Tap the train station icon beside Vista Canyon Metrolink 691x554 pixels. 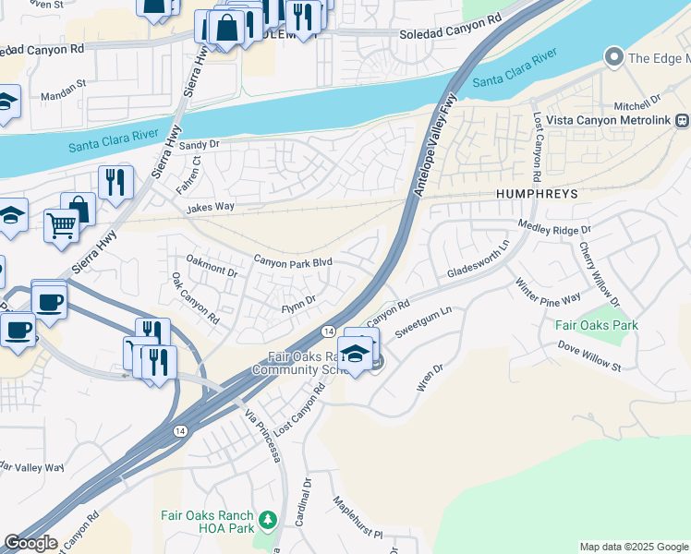click(x=682, y=120)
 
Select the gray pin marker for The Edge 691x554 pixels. click(x=613, y=58)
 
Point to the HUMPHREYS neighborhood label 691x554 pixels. click(x=537, y=195)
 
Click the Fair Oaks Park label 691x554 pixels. click(x=597, y=326)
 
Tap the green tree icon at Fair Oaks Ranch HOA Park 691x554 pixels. click(x=268, y=520)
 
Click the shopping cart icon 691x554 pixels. click(x=61, y=224)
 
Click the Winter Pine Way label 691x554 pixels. click(x=548, y=291)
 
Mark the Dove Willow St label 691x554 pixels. click(x=588, y=355)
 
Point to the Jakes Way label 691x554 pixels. click(x=211, y=210)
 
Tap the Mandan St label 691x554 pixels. click(x=63, y=95)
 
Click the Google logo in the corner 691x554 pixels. click(x=30, y=543)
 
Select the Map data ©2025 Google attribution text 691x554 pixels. click(x=633, y=547)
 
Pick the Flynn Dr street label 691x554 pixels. click(x=298, y=299)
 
